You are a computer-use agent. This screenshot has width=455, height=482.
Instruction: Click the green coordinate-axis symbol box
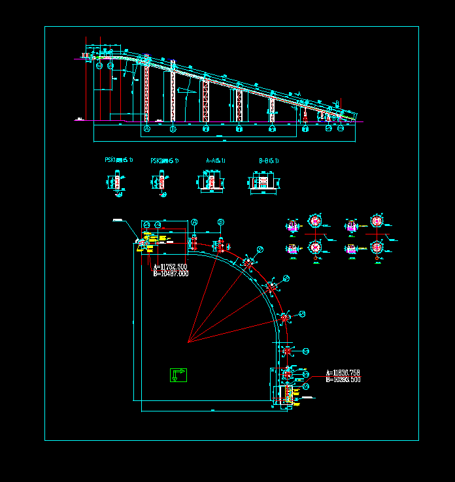click(178, 375)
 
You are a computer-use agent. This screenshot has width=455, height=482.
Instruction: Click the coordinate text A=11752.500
click(170, 267)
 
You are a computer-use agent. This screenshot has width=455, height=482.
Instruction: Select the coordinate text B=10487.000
click(170, 274)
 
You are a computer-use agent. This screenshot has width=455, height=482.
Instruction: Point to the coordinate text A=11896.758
click(343, 373)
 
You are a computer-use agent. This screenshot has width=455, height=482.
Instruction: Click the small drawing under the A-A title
click(211, 181)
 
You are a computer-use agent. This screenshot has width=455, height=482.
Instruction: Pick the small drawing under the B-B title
click(263, 181)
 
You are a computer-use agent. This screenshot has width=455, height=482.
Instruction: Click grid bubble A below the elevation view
click(146, 129)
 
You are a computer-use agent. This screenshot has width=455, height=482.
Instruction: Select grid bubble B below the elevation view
click(173, 129)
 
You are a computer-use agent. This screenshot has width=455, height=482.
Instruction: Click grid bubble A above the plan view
click(195, 223)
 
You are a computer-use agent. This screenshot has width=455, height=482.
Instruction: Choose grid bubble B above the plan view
click(221, 223)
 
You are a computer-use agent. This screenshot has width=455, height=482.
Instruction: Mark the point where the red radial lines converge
click(188, 342)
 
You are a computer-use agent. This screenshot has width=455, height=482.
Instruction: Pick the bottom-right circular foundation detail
click(376, 248)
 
